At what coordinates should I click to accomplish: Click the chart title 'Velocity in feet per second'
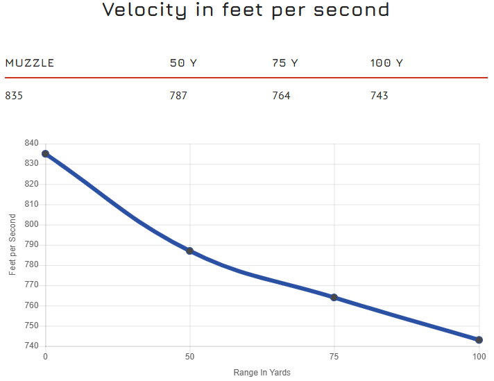tap(246, 10)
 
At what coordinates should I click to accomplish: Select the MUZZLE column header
tap(29, 63)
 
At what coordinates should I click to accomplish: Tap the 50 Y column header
tap(183, 63)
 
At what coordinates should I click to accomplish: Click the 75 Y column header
tap(284, 63)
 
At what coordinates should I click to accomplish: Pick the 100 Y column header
tap(386, 63)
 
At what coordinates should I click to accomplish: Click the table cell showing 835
tap(14, 96)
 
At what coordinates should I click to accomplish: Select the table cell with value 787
tap(178, 96)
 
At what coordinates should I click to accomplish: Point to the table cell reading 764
tap(281, 96)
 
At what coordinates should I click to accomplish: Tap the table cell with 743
tap(380, 96)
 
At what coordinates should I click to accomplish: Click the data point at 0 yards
tap(45, 154)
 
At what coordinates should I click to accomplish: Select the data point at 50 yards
tap(189, 251)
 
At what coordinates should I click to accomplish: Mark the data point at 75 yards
tap(334, 297)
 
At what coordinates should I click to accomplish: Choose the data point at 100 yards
tap(479, 340)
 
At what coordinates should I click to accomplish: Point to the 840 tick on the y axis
tap(31, 144)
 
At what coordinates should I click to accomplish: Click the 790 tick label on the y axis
tap(31, 245)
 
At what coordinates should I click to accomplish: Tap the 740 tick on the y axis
tap(31, 346)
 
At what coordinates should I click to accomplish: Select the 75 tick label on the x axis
tap(334, 357)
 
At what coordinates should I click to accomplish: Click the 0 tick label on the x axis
tap(45, 357)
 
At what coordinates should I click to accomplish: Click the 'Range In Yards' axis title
tap(262, 373)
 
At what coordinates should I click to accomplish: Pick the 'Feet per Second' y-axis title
tap(12, 245)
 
